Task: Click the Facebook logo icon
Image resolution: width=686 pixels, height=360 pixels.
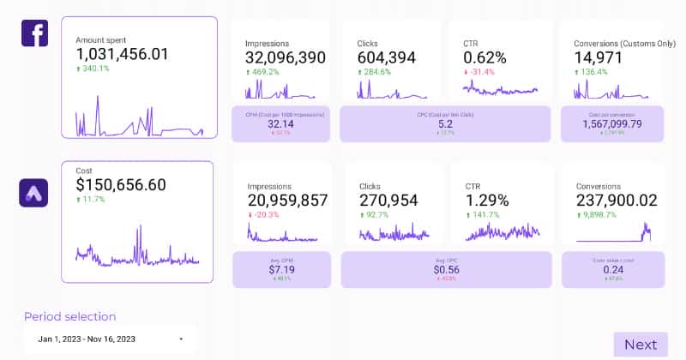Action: [34, 33]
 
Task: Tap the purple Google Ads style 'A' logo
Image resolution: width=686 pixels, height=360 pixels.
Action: [33, 192]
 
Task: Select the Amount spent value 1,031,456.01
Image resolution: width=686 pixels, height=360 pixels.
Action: [122, 54]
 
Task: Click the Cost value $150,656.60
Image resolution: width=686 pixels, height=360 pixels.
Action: [121, 184]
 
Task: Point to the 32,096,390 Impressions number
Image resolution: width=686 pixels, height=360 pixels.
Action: [286, 57]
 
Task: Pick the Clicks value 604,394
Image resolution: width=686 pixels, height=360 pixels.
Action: [387, 57]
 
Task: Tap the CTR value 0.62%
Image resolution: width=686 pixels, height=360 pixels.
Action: [484, 57]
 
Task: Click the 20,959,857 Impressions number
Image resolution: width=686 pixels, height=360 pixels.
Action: [287, 200]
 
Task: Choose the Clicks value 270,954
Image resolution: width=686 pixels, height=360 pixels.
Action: [388, 200]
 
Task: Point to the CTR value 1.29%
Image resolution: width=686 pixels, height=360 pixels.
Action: [487, 200]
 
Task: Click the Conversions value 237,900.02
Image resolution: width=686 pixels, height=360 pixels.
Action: [617, 200]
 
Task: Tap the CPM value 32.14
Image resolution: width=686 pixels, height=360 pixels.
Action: [281, 123]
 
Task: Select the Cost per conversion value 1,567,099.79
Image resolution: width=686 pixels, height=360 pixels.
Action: [611, 123]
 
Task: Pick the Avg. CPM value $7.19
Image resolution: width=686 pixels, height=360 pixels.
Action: [281, 268]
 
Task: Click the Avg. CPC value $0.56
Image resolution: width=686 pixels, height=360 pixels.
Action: [445, 268]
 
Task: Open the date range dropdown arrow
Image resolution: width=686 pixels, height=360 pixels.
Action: [181, 339]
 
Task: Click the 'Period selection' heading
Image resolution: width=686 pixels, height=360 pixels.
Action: [69, 316]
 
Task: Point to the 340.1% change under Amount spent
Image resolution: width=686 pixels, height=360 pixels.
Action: [95, 69]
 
